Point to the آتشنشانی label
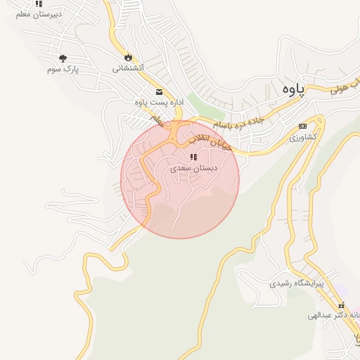click(x=128, y=68)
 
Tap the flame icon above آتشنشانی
click(x=128, y=58)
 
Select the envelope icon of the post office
click(x=159, y=91)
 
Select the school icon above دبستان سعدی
click(x=193, y=157)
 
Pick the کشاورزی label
click(x=304, y=136)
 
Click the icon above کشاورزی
click(x=303, y=126)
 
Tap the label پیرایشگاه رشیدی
click(x=297, y=284)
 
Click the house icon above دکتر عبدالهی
click(x=342, y=307)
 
